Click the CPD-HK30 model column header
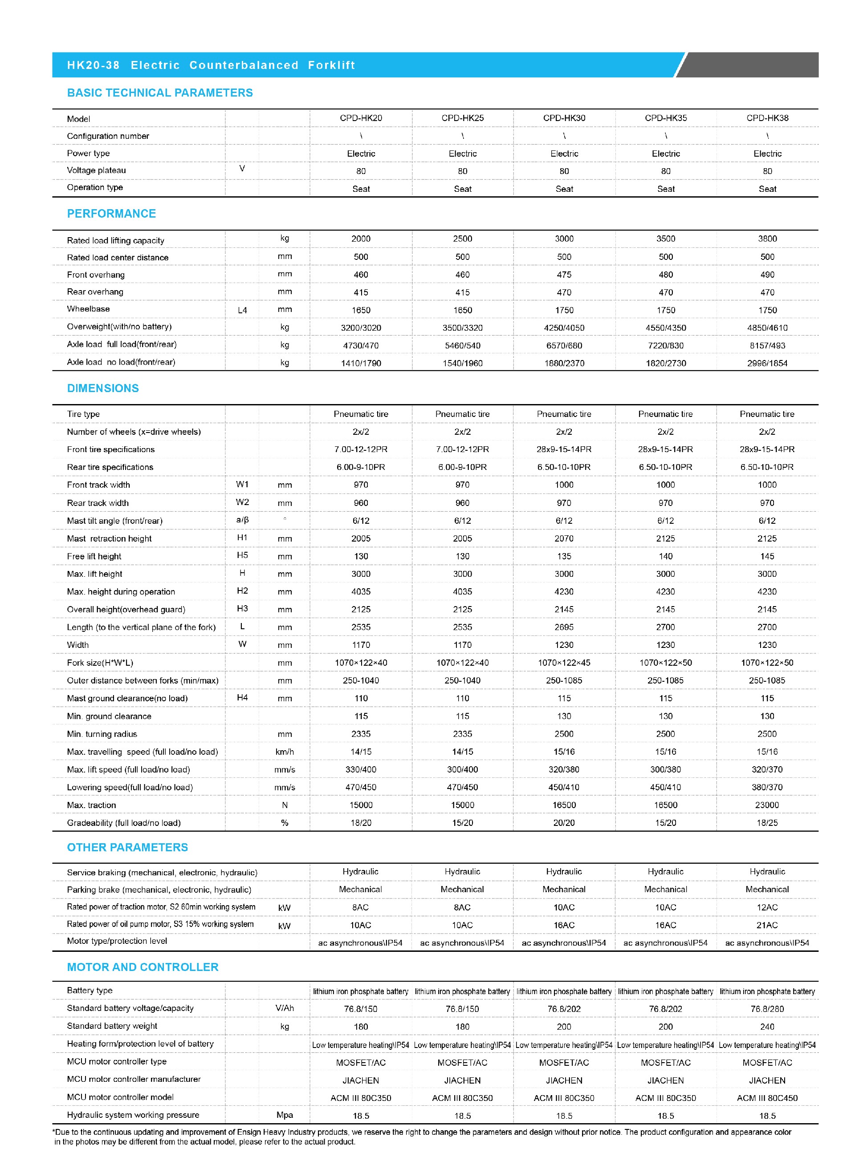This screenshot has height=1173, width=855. pos(564,118)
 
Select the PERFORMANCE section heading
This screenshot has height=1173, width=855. pos(111,214)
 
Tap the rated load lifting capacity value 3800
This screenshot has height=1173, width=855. pos(767,239)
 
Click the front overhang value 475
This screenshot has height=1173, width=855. pos(564,275)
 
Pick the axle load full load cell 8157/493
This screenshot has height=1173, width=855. pos(767,345)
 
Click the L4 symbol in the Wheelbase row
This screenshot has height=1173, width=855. pos(242,310)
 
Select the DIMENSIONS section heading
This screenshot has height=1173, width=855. pos(103,388)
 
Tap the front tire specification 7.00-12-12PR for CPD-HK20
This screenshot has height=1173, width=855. pos(361,449)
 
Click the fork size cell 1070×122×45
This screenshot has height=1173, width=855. pos(564,663)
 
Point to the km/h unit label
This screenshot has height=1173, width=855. pos(285,752)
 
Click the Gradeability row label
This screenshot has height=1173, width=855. pos(124,823)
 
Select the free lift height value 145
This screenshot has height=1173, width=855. pos(767,557)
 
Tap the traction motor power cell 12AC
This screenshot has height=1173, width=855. pos(767,907)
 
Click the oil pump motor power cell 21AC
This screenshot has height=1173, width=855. pos(767,925)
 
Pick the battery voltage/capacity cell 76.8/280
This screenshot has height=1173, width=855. pos(767,1009)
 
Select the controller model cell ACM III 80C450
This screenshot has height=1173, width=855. pos(767,1098)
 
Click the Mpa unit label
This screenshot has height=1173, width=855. pos(285,1115)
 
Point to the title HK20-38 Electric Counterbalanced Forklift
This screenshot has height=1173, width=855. pos(211,65)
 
